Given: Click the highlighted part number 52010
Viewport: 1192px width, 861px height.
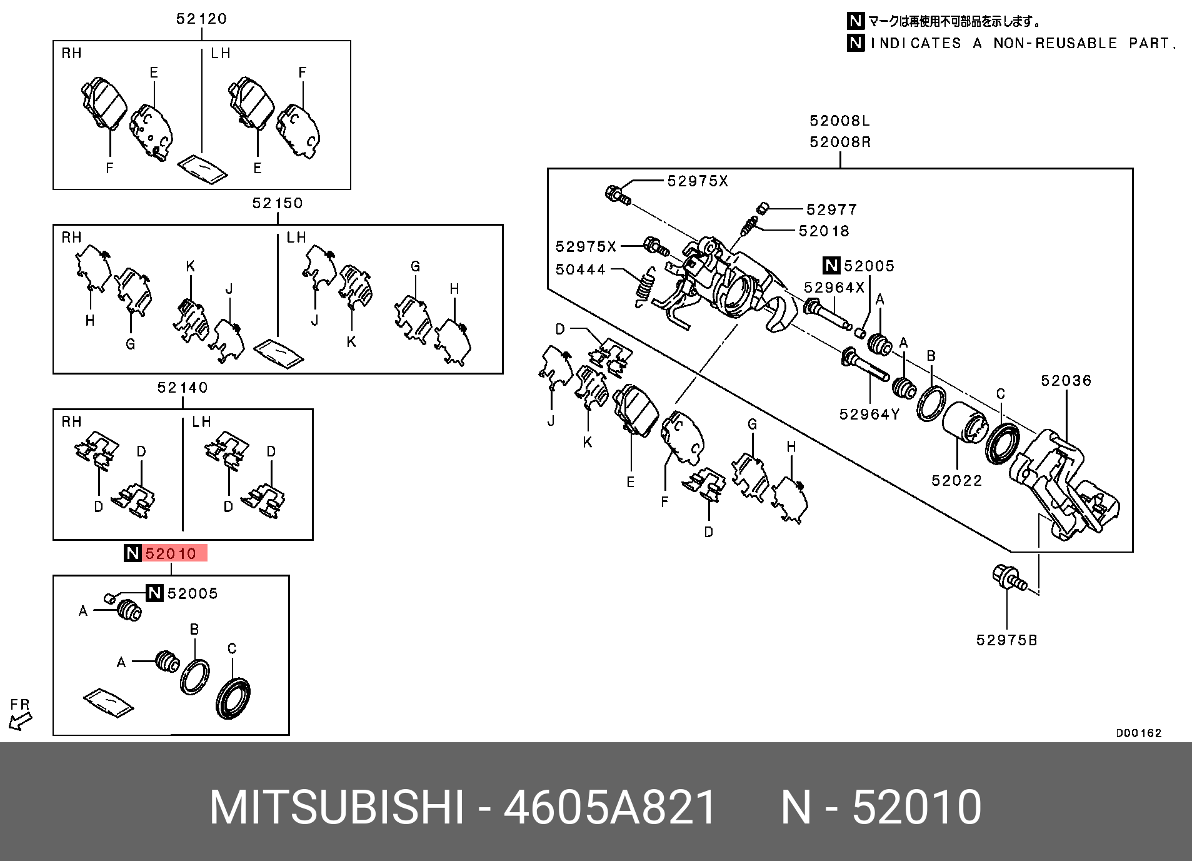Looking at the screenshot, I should [170, 554].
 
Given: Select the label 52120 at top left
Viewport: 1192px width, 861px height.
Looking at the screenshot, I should [201, 19].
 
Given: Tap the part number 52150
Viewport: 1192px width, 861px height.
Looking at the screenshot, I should [278, 203].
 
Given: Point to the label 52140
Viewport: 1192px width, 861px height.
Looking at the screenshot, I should [183, 388].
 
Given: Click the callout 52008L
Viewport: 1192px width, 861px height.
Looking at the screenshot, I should [839, 121].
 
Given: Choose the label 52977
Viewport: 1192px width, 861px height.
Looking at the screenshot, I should [831, 210].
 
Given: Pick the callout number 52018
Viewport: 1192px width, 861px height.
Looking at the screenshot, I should [824, 231].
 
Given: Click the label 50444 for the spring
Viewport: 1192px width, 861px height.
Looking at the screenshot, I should [581, 269].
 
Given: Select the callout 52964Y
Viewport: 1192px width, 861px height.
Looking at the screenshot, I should [869, 415].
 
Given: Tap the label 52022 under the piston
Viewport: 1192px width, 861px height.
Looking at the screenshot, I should [956, 481].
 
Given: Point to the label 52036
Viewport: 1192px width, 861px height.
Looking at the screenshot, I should [1066, 381].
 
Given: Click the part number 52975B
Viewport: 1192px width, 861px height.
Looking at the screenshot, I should [1006, 640].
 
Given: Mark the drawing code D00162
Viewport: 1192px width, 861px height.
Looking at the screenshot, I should [1139, 733].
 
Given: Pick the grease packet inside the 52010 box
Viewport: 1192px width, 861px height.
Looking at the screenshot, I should [108, 702].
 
